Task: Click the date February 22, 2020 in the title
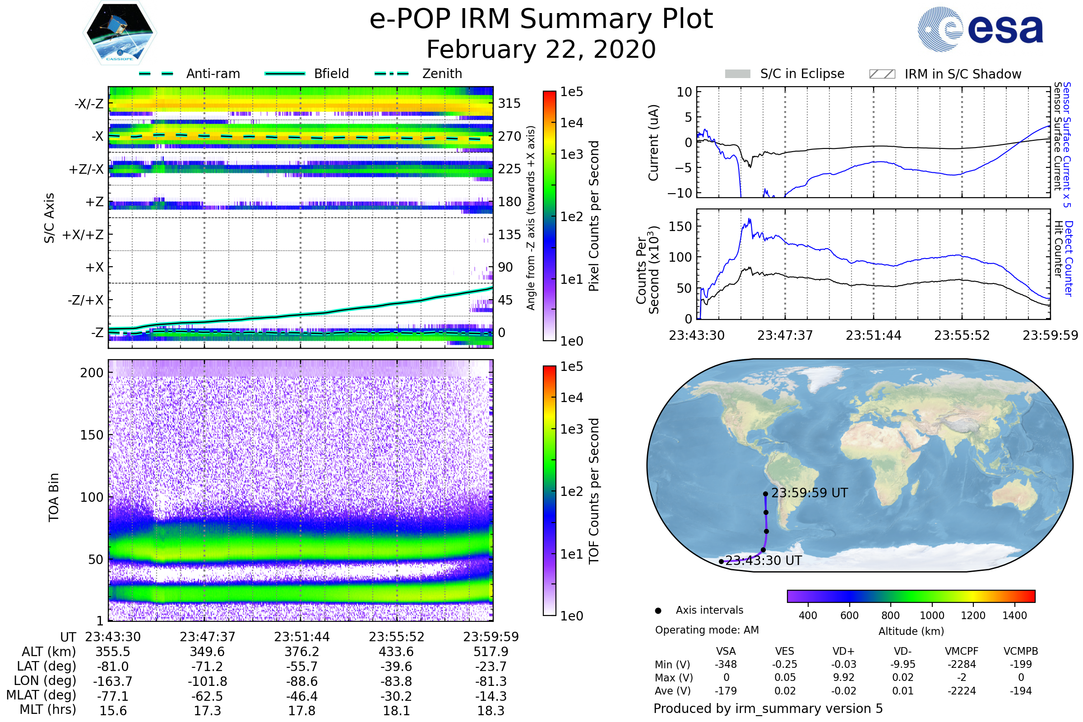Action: pos(541,49)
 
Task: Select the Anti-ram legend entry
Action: pos(213,74)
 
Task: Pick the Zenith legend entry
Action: pos(442,74)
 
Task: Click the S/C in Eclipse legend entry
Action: pos(802,74)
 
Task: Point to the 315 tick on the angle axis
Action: pos(509,103)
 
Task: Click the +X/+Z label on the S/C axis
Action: pos(83,235)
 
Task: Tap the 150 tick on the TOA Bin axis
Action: pos(92,435)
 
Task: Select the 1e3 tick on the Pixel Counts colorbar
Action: pos(571,154)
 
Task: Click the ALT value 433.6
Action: pos(396,652)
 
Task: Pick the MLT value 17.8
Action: pos(301,710)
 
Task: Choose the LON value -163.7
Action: pos(113,681)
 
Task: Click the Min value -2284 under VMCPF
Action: pos(962,664)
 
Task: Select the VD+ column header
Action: pos(843,651)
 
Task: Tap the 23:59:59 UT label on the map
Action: pos(809,493)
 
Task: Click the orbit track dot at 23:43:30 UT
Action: pos(721,561)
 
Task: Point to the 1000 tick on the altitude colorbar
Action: pos(931,615)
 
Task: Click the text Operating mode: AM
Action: pos(706,630)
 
